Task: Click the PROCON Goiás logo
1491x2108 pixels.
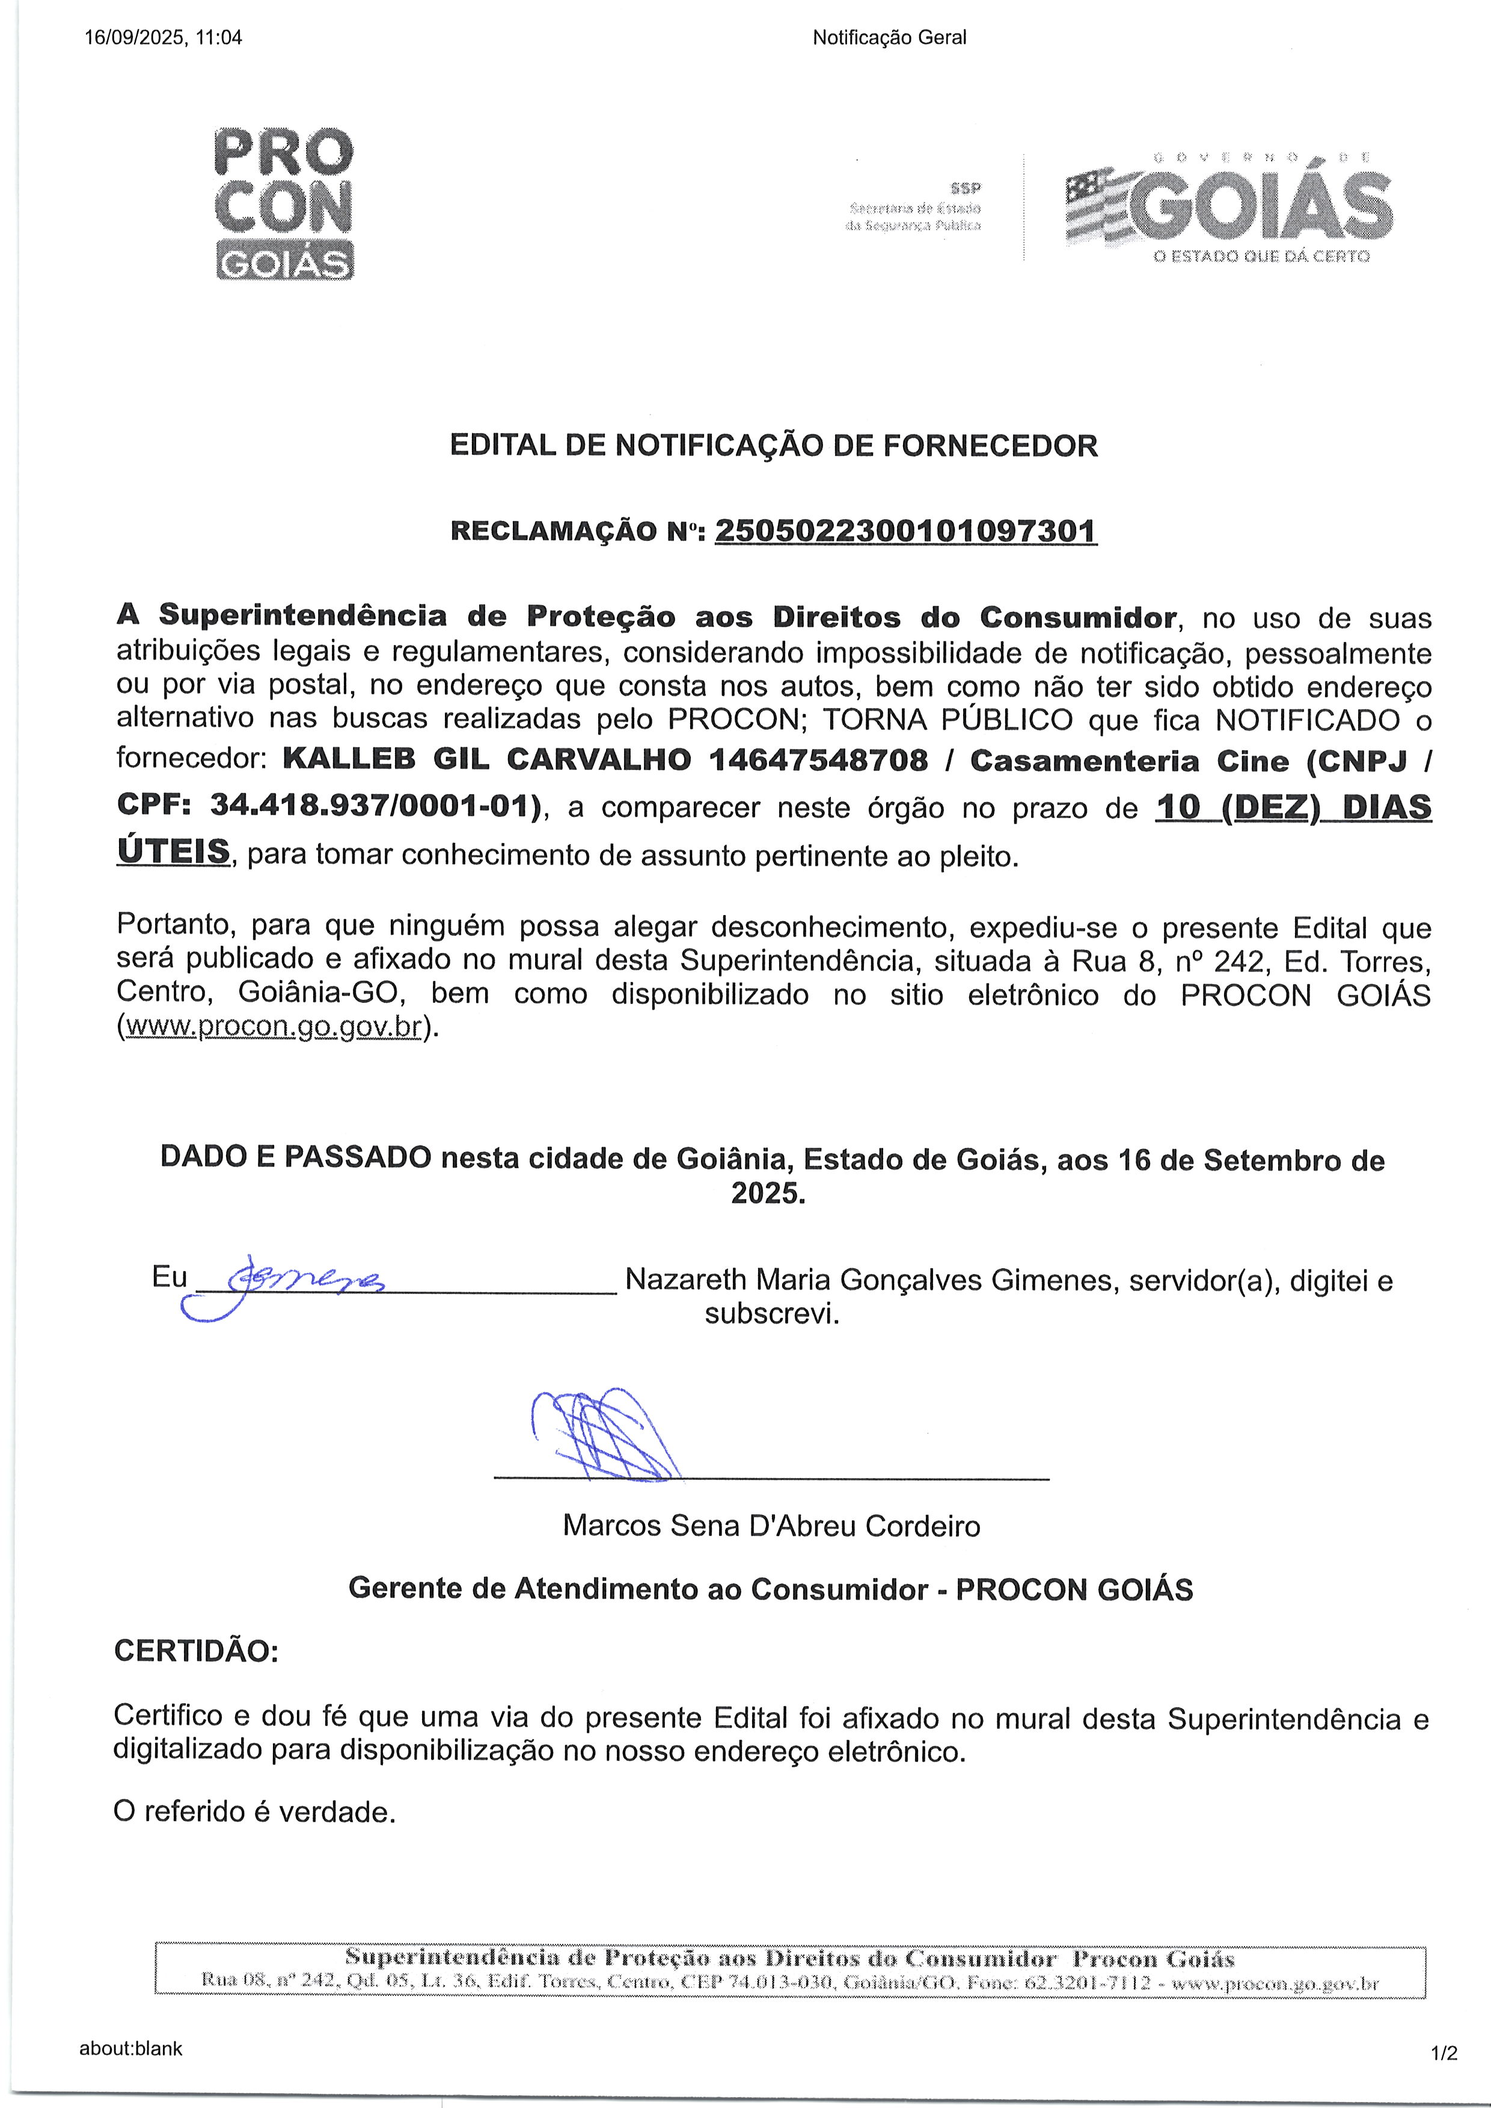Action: point(284,204)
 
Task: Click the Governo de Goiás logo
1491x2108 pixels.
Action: point(1228,208)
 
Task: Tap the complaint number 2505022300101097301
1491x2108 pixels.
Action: point(905,531)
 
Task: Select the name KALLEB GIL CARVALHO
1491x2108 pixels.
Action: point(486,760)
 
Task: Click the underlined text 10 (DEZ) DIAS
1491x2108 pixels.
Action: point(1293,807)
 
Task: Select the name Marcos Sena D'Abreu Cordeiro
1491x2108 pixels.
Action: point(771,1526)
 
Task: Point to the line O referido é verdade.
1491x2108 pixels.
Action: point(254,1811)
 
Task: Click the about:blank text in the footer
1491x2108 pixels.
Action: point(130,2048)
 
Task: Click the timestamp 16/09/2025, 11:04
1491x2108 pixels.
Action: point(164,38)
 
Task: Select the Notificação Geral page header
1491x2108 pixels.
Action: point(889,38)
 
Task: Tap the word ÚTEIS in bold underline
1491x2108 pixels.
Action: point(174,851)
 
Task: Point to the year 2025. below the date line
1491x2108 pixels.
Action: point(768,1193)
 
